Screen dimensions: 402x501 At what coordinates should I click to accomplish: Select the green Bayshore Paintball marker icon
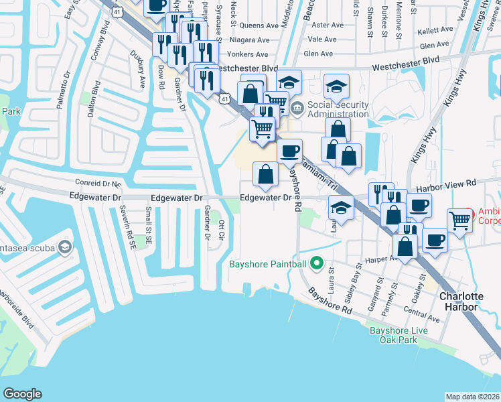pyautogui.click(x=319, y=263)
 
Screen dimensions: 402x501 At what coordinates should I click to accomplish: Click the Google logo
pyautogui.click(x=23, y=394)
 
